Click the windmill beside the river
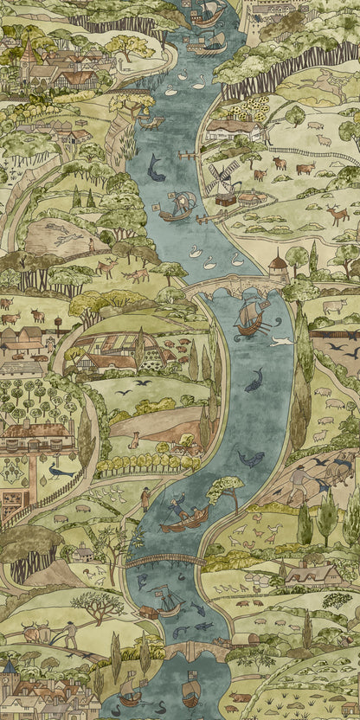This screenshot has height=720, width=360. coord(221,179)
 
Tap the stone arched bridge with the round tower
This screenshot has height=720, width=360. coord(229,286)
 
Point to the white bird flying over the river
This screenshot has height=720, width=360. coord(280,341)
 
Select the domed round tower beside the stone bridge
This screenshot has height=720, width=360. coord(277,264)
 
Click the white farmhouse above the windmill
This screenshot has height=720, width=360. coord(232,130)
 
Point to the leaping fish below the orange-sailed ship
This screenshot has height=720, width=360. coord(254,379)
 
